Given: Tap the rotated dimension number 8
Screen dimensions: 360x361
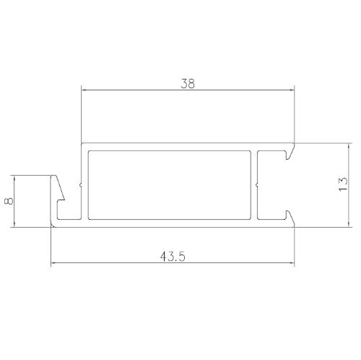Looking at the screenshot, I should [x=8, y=201].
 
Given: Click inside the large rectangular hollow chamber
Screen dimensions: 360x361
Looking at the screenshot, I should [x=170, y=184].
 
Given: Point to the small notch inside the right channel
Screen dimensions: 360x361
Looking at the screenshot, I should [x=259, y=184].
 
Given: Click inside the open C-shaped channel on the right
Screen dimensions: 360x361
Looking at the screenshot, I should [x=274, y=184].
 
